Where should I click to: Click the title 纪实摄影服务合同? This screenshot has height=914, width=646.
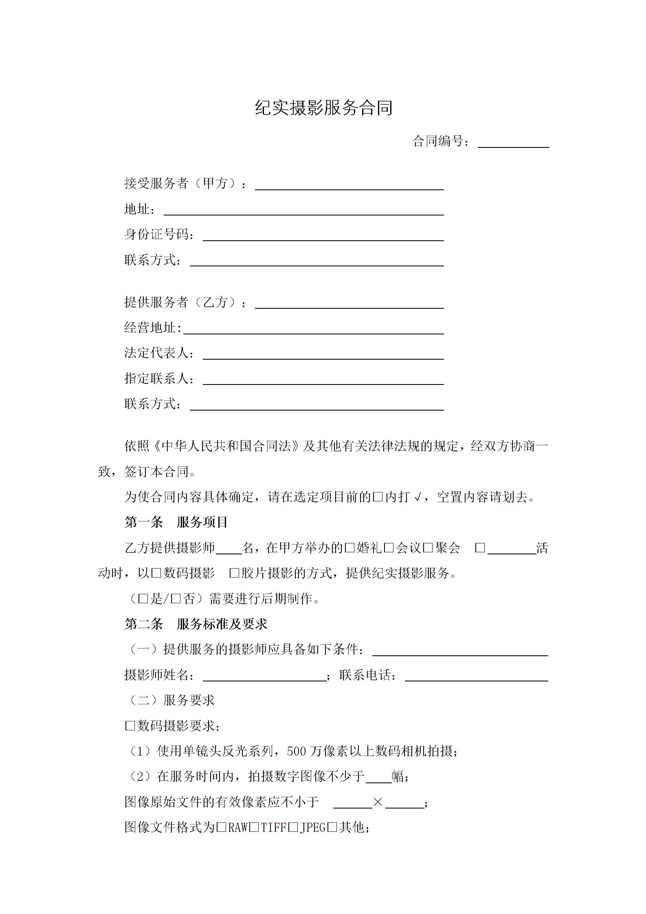pyautogui.click(x=323, y=108)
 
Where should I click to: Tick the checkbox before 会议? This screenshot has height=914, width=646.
pyautogui.click(x=389, y=548)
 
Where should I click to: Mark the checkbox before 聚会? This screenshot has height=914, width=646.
pyautogui.click(x=428, y=548)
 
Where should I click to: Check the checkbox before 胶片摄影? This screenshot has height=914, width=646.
pyautogui.click(x=234, y=573)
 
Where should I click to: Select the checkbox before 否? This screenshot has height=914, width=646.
pyautogui.click(x=176, y=599)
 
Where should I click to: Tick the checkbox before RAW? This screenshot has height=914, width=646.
pyautogui.click(x=222, y=828)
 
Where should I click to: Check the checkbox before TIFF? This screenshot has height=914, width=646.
pyautogui.click(x=254, y=828)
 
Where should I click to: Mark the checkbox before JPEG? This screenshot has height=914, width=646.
pyautogui.click(x=293, y=828)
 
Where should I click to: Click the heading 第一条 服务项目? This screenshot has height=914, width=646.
pyautogui.click(x=176, y=523)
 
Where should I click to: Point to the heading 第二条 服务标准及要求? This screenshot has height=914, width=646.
pyautogui.click(x=196, y=624)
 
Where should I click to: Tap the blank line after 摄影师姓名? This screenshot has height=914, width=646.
pyautogui.click(x=264, y=677)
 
